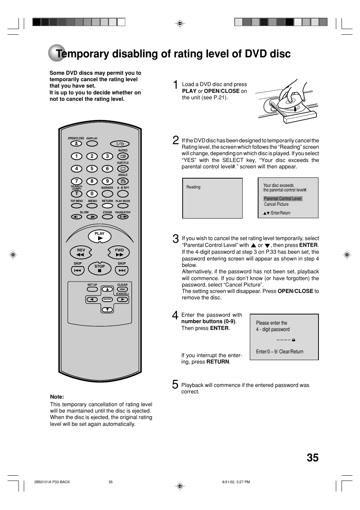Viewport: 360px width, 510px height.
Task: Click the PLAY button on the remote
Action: coord(100,237)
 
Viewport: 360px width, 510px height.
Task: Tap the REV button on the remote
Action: coord(81,253)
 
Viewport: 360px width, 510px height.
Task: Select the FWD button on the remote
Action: coord(119,253)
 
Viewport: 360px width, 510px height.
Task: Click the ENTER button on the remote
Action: coord(108,299)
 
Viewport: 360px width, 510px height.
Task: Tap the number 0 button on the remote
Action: coord(92,194)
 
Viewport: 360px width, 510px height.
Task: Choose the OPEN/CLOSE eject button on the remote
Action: coord(76,144)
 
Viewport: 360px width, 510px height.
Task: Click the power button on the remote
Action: coord(120,144)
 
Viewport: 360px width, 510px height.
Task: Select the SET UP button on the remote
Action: coord(92,290)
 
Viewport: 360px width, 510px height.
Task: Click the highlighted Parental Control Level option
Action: coord(283,199)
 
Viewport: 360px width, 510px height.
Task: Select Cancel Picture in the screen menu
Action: coord(276,204)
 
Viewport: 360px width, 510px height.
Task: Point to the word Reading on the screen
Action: coord(193,187)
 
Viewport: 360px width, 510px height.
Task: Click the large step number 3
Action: coord(175,239)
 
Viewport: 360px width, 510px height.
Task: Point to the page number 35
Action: coord(312,458)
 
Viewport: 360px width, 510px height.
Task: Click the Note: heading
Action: coord(57,397)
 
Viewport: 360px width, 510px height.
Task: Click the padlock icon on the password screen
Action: coord(294,340)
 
